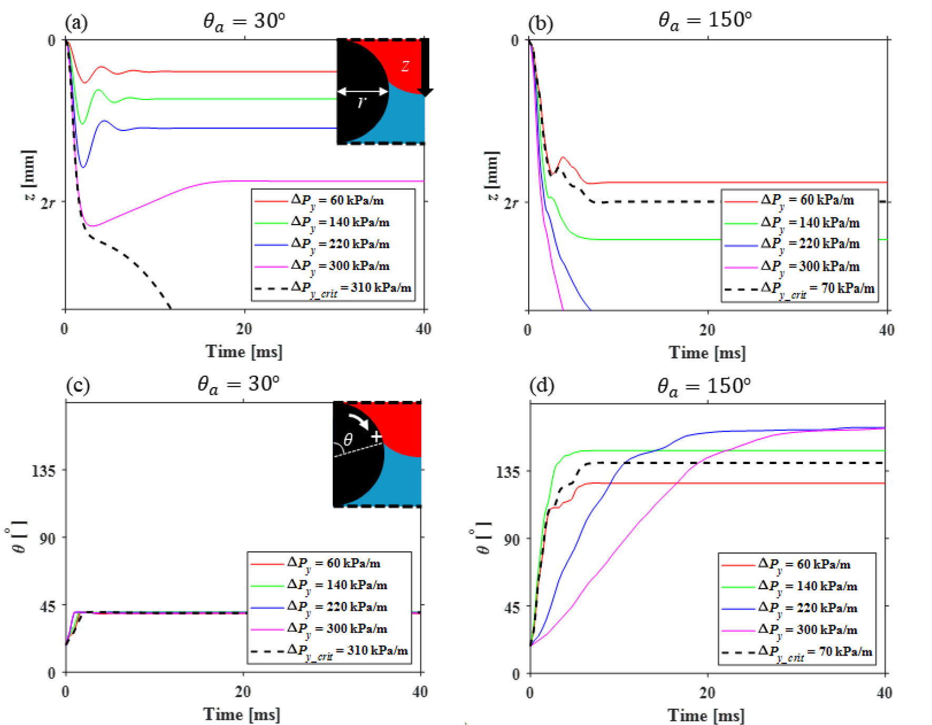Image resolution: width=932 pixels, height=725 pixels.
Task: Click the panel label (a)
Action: (76, 23)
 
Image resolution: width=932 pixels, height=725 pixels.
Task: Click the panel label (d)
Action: (541, 386)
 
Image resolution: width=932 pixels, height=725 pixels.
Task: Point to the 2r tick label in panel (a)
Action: (48, 203)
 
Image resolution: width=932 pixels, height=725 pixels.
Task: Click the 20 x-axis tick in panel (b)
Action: (707, 330)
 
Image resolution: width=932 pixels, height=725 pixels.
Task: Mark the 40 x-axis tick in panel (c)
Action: (420, 692)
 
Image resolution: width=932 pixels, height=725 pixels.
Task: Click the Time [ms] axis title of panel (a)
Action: (244, 351)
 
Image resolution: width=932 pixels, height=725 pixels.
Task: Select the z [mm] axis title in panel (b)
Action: (492, 176)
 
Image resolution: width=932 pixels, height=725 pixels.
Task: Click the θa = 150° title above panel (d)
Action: (703, 386)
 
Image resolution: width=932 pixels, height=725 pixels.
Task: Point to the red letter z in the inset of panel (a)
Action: (405, 66)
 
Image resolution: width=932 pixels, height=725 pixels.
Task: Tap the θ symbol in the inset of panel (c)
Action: (348, 439)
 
